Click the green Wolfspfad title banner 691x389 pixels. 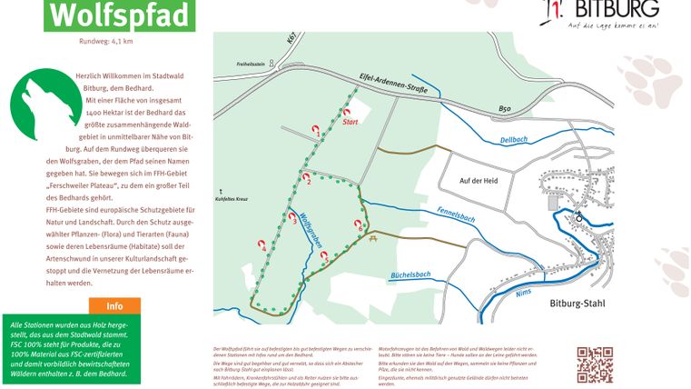(119, 15)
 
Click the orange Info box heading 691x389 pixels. (114, 306)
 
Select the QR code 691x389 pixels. (595, 364)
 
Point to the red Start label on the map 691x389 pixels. (350, 122)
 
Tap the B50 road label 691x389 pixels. (508, 110)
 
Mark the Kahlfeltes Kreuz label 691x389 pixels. (232, 198)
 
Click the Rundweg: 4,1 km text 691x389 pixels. (106, 41)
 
